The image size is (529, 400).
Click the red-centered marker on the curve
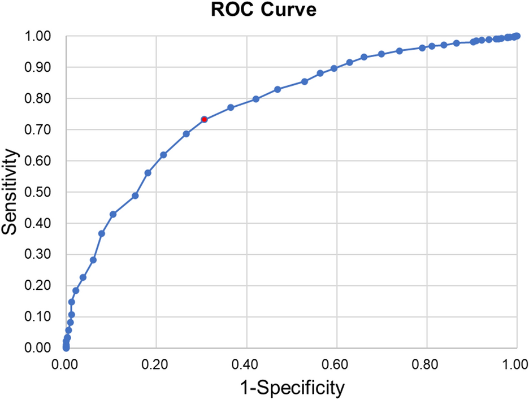click(204, 119)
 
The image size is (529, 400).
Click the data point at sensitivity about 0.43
click(113, 214)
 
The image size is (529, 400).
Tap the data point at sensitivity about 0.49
click(135, 195)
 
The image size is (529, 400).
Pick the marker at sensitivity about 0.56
click(148, 173)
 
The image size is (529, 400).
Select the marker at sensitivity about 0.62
click(163, 155)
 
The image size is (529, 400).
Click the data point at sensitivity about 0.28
click(93, 260)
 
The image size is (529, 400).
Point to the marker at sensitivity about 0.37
click(102, 233)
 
